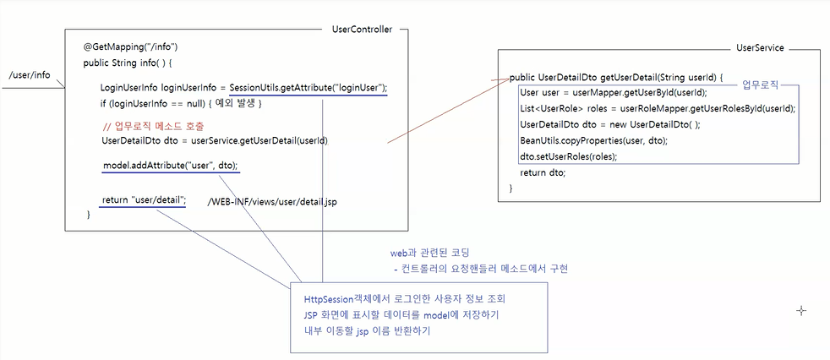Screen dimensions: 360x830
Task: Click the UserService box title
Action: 760,49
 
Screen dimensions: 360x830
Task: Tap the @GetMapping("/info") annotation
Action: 131,46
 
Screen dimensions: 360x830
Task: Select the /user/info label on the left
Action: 30,75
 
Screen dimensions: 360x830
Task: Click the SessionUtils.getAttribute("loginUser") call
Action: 309,88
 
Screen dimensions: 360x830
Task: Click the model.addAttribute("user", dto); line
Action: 170,165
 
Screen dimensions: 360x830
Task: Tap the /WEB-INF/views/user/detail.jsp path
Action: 272,203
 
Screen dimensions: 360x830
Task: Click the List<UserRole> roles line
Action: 658,108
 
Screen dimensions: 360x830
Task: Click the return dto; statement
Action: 543,172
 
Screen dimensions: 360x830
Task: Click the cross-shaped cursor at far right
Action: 800,310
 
